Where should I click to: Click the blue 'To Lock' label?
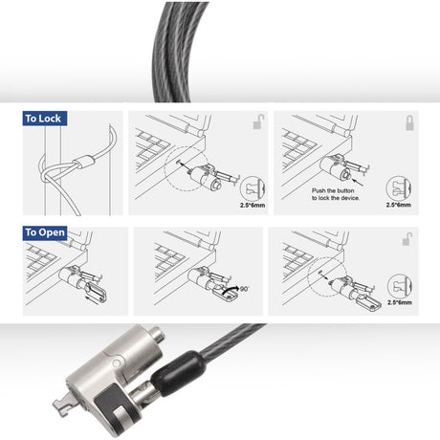(45, 119)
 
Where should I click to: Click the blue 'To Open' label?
(45, 232)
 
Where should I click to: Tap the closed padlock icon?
(409, 122)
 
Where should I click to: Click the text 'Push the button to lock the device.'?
(336, 194)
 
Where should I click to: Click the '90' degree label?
(244, 289)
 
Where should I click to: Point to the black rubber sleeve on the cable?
(179, 372)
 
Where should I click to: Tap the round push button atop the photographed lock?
(157, 334)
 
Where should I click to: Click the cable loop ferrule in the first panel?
(84, 161)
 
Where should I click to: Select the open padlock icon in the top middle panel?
(259, 121)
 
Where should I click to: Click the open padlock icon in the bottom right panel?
(407, 239)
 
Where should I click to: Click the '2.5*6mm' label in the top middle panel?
(253, 205)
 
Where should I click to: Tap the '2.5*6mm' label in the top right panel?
(399, 205)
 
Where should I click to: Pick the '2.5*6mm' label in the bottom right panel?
(400, 302)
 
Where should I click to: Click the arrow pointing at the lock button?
(359, 182)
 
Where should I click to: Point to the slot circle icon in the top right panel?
(399, 188)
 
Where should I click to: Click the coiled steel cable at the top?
(180, 51)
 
